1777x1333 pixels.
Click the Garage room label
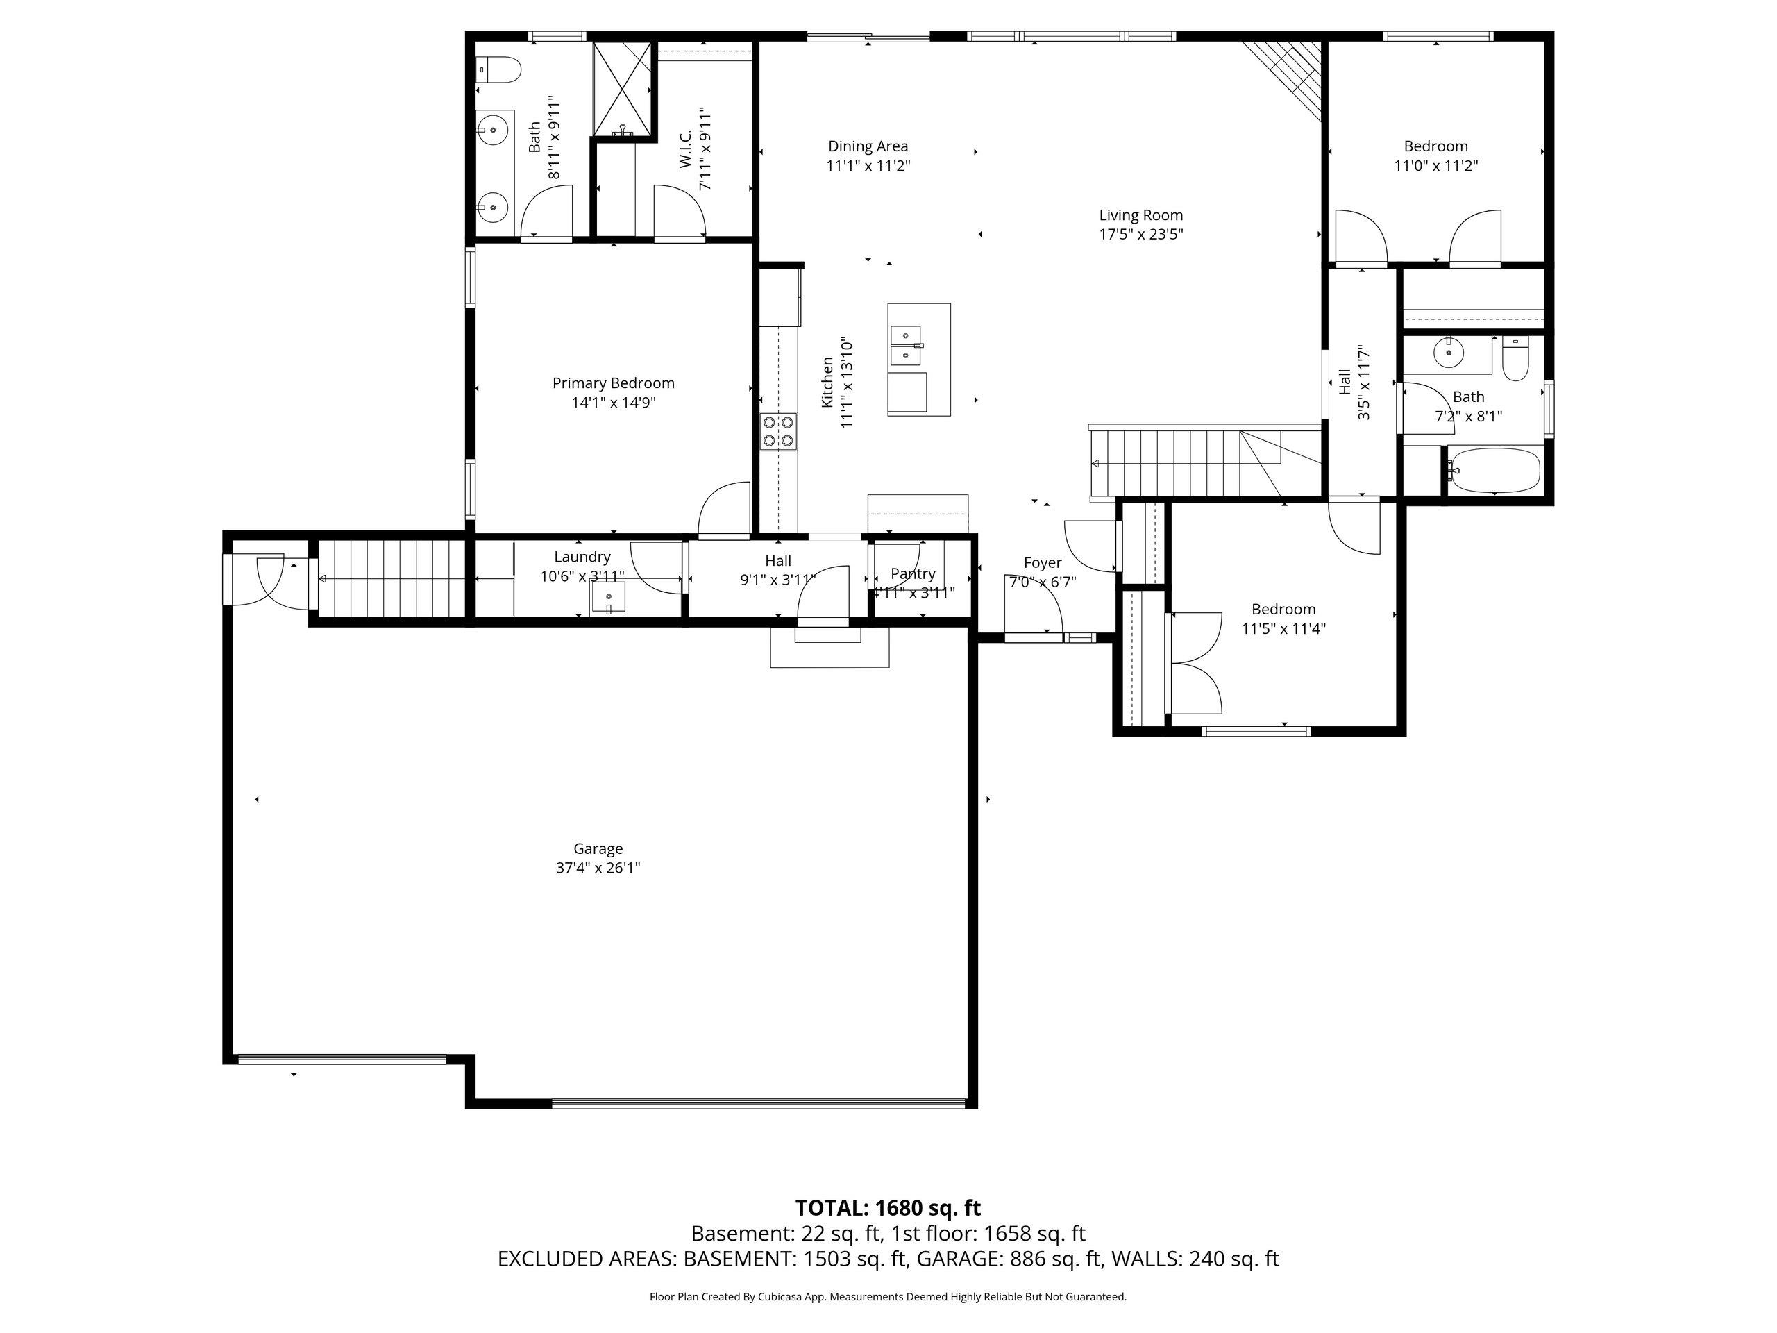(x=598, y=848)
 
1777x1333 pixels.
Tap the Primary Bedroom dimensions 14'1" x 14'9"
(x=614, y=403)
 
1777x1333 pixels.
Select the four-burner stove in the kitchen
(x=778, y=430)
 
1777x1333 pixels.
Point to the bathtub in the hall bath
(x=1494, y=470)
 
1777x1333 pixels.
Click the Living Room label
(x=1140, y=215)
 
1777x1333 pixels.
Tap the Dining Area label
(x=868, y=146)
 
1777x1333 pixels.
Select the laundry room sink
(x=609, y=598)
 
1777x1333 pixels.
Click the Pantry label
(x=913, y=573)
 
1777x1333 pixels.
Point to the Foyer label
(x=1043, y=562)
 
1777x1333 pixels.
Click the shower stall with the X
(x=622, y=88)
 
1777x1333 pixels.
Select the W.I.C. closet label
(x=685, y=150)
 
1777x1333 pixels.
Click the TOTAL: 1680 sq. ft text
(x=888, y=1207)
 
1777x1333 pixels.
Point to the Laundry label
(x=582, y=557)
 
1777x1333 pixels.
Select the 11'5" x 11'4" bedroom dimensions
(x=1283, y=629)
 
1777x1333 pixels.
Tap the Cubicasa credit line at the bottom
(x=888, y=1297)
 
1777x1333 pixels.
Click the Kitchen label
(x=827, y=383)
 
